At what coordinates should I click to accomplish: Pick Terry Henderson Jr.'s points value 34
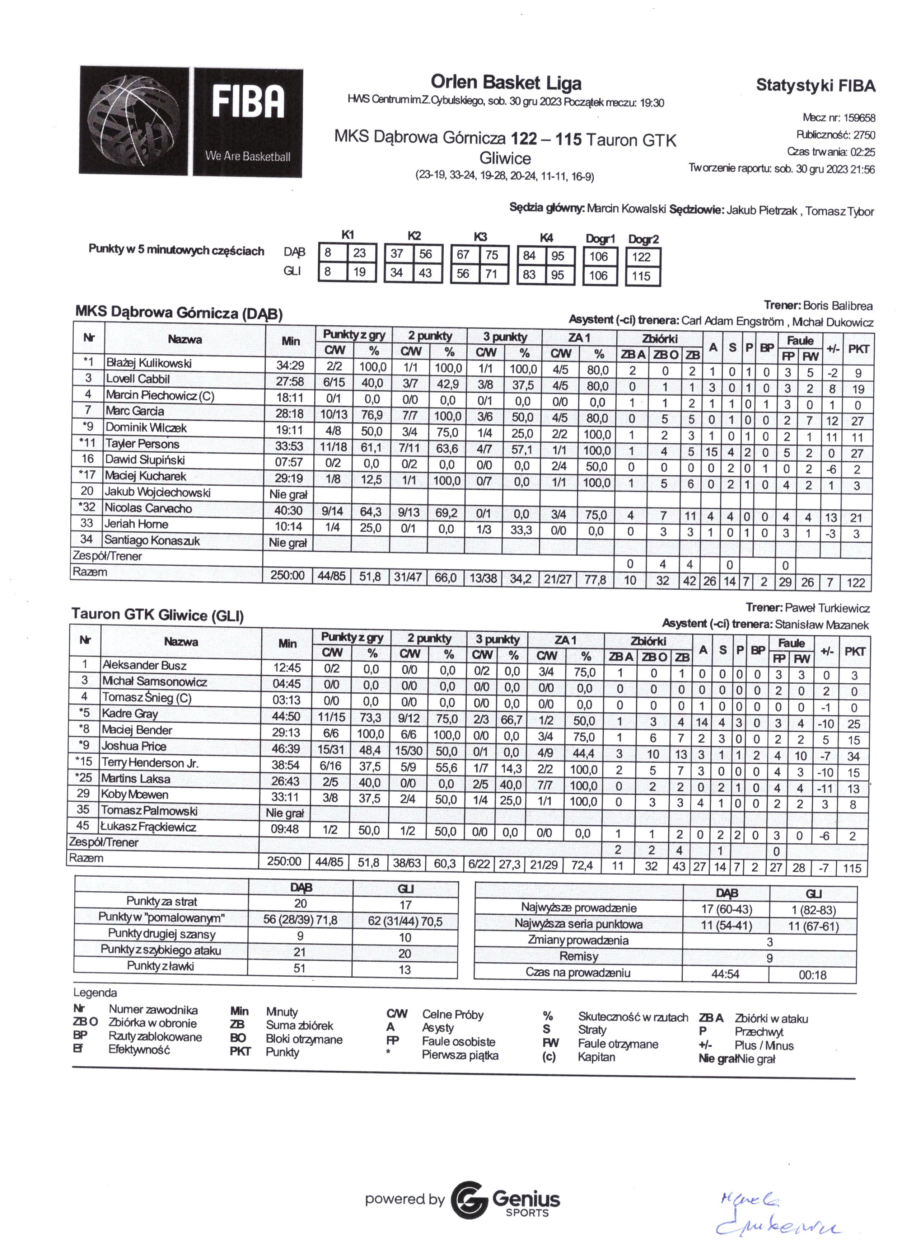tap(853, 756)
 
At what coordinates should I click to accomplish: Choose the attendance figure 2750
tap(864, 135)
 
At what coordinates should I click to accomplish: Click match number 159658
tap(859, 118)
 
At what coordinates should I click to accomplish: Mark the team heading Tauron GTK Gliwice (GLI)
tap(158, 615)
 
